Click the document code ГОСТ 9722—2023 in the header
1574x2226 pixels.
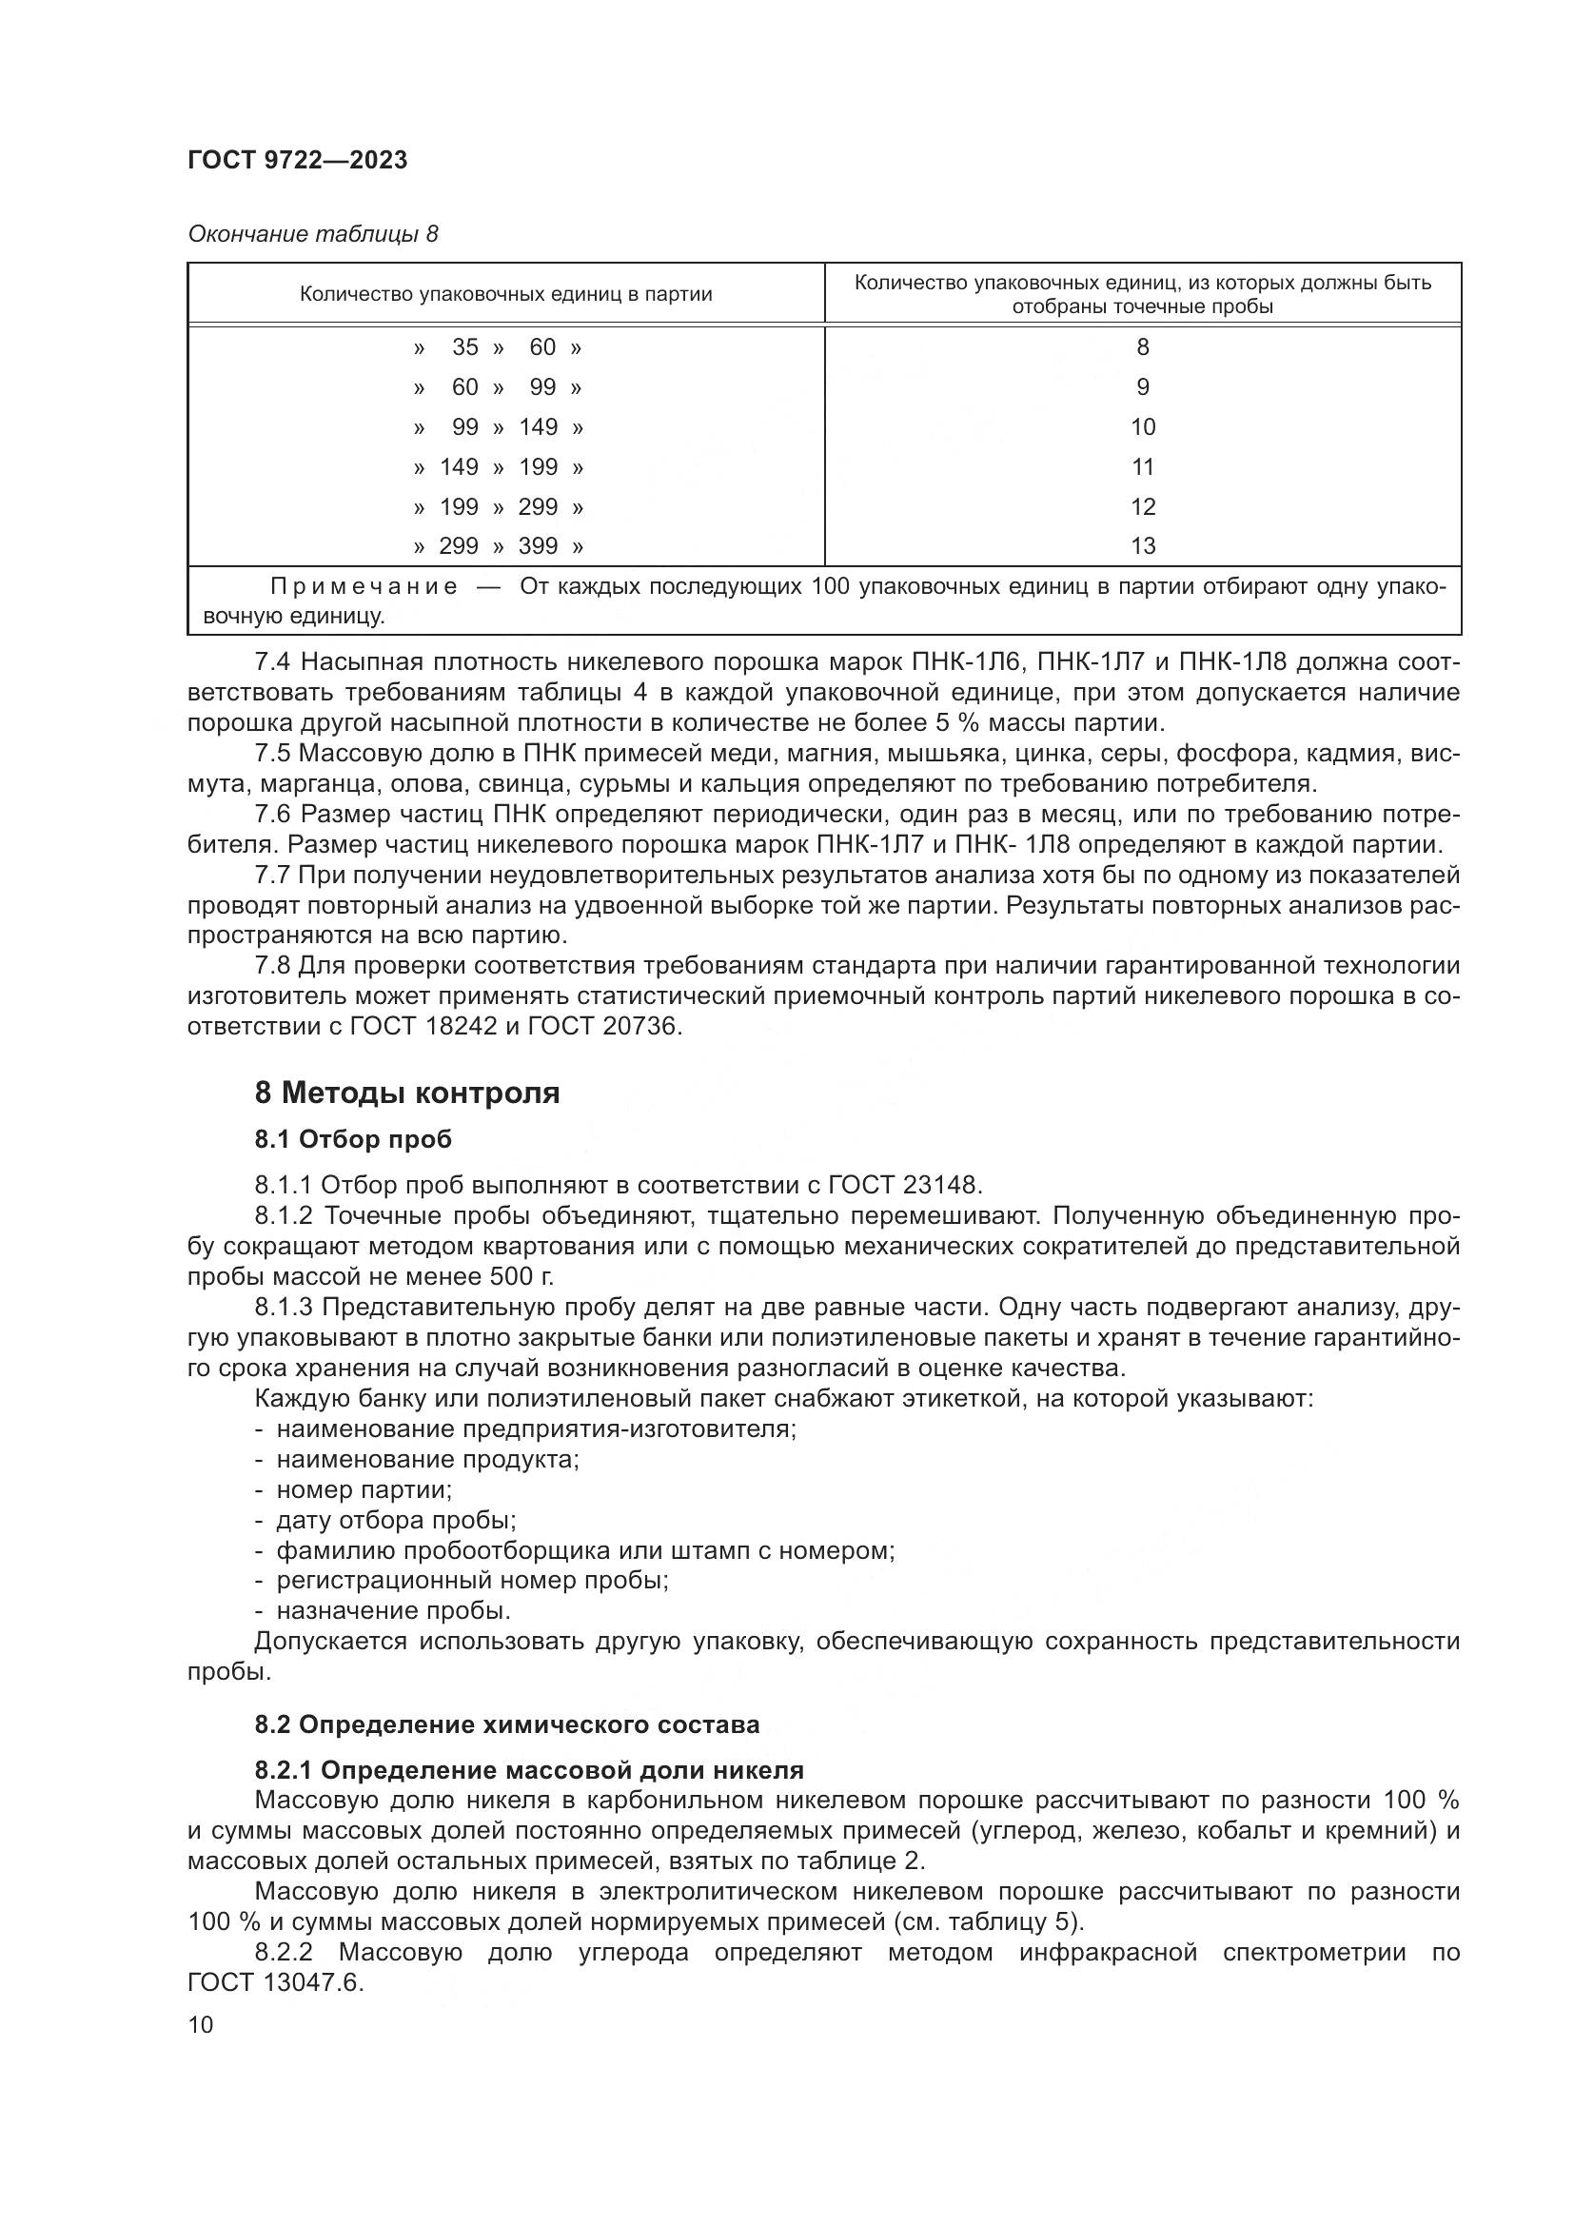point(298,161)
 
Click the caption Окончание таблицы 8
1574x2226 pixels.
point(312,235)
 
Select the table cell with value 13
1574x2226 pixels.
point(1143,547)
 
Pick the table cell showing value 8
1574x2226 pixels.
point(1143,348)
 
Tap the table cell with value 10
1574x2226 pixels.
point(1143,427)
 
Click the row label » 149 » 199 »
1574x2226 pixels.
point(498,467)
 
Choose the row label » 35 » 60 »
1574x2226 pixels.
point(498,348)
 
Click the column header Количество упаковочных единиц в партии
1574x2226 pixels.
point(505,295)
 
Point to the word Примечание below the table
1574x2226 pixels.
point(364,587)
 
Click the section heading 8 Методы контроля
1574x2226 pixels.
point(407,1093)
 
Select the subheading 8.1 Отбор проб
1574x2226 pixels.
point(353,1139)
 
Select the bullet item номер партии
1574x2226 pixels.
point(364,1489)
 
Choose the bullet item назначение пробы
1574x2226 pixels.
point(392,1610)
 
